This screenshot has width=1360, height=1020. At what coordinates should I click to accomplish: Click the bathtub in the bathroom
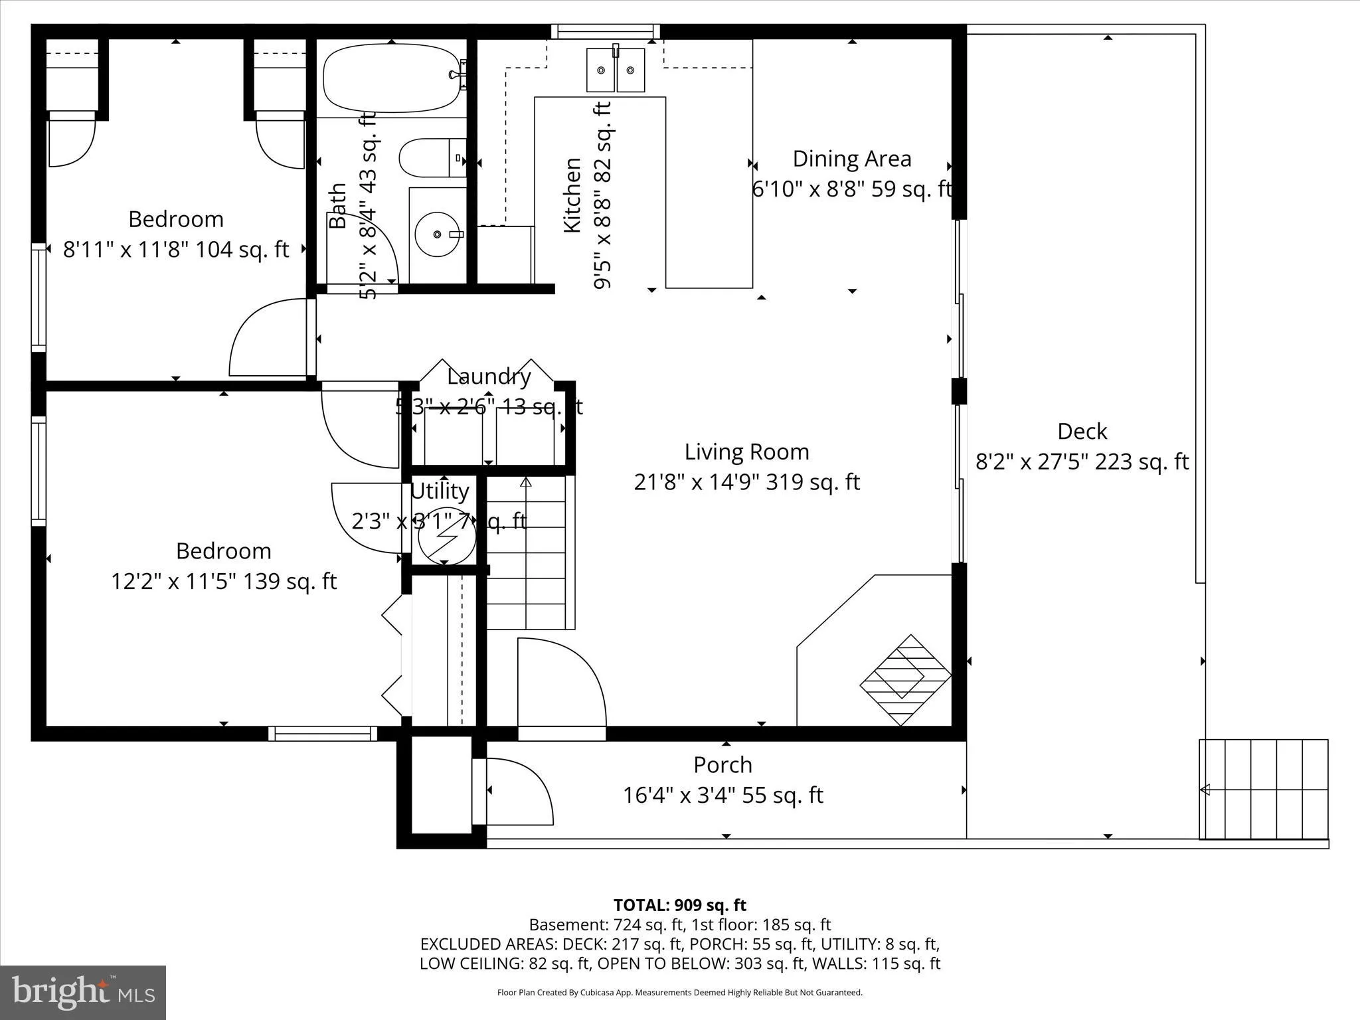[x=392, y=78]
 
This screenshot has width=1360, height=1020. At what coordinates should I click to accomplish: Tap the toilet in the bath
[x=428, y=158]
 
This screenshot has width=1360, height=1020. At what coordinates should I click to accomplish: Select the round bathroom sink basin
[x=438, y=234]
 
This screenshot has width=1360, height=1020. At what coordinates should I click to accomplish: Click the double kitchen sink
[x=615, y=70]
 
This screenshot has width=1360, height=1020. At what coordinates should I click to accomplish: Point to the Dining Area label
[x=852, y=159]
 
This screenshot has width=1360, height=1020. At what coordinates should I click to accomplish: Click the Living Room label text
[x=746, y=452]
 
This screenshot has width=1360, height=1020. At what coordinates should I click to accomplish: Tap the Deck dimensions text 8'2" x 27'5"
[x=1081, y=462]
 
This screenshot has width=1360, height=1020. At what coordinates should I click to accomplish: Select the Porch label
[x=722, y=765]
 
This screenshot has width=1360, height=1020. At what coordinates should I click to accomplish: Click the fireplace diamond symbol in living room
[x=905, y=680]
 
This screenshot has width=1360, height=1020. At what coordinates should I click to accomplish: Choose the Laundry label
[x=489, y=377]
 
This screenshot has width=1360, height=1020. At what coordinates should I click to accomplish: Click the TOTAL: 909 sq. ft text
[x=679, y=905]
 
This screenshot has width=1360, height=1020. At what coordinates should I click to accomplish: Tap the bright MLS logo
[x=83, y=992]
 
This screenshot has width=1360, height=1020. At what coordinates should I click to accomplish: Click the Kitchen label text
[x=572, y=195]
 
